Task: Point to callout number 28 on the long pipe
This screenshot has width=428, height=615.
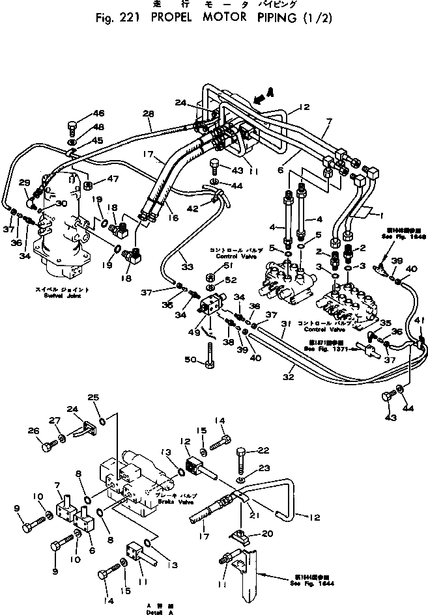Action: click(x=149, y=115)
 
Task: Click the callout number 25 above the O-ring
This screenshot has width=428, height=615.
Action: click(x=93, y=398)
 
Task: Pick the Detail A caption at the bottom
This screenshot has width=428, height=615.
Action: click(x=156, y=610)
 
